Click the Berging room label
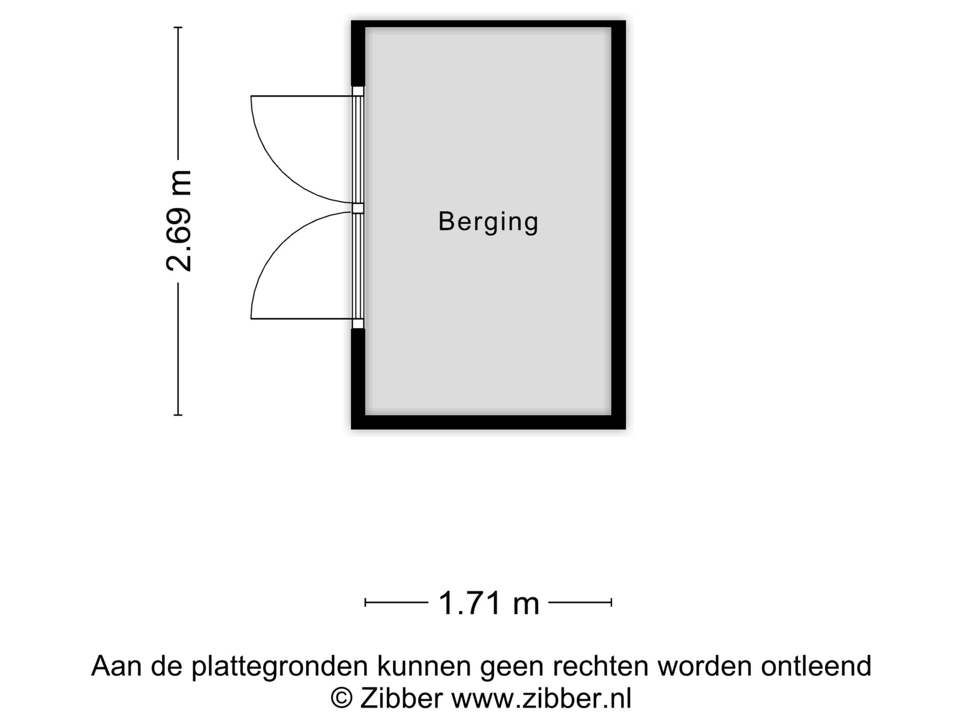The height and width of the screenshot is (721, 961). point(488,222)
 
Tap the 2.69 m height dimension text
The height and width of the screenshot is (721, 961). point(179,221)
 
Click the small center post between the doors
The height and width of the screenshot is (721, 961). point(358,208)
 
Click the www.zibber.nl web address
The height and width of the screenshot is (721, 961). point(542,698)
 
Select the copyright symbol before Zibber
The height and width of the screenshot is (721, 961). point(342,698)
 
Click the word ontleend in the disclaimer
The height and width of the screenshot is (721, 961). point(816,666)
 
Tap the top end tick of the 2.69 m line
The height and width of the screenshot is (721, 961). point(178,28)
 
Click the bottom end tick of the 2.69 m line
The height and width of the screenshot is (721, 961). point(178,415)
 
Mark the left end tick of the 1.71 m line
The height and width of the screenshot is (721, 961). point(366,602)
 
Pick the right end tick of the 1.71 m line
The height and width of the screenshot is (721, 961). point(611,602)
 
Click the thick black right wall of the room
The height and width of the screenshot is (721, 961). point(618,224)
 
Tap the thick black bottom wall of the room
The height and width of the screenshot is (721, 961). point(488,422)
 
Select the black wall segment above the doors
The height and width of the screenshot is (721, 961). point(358,53)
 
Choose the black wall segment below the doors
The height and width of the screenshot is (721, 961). point(358,378)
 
